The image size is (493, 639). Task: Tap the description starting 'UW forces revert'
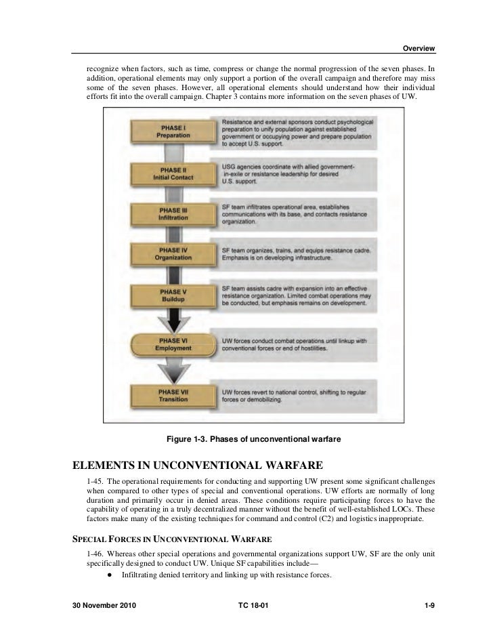(298, 395)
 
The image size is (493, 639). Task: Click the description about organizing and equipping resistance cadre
(298, 254)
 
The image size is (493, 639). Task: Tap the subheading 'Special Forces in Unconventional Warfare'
(172, 539)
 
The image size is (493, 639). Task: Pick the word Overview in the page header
(419, 48)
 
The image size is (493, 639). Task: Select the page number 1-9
(428, 604)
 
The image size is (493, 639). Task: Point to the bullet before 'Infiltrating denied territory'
(109, 575)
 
